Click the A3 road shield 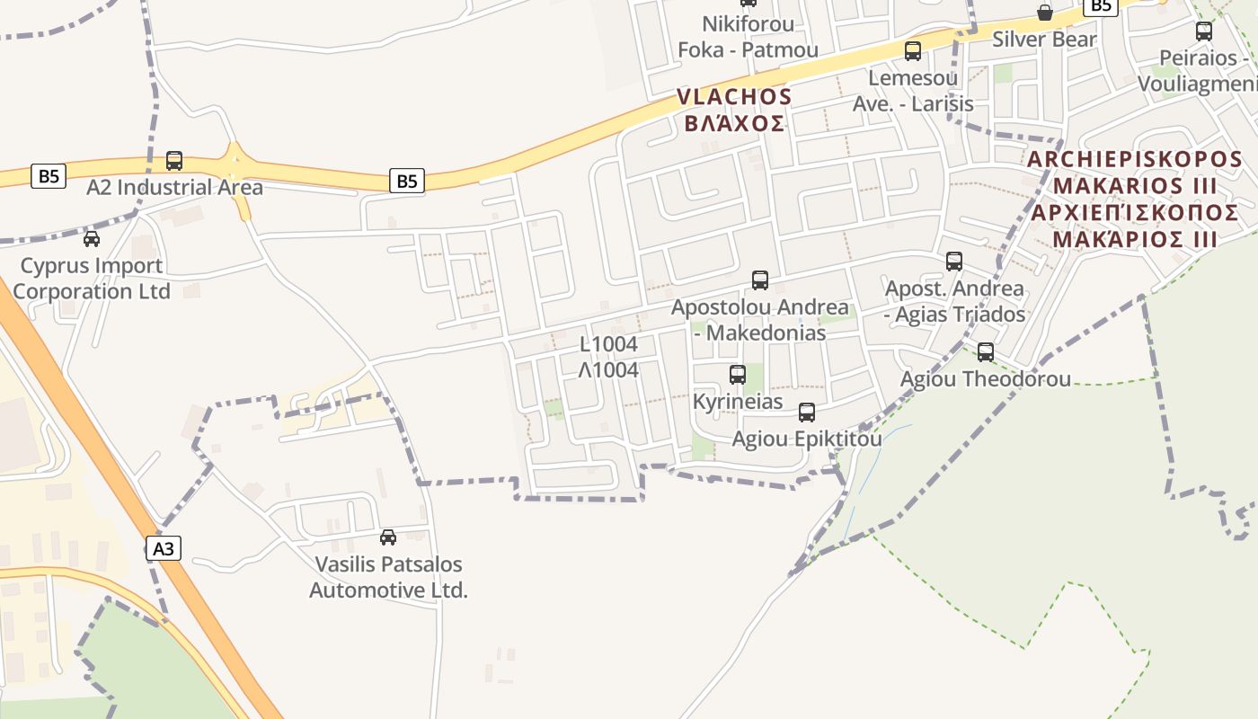pyautogui.click(x=164, y=547)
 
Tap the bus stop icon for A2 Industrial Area pyautogui.click(x=174, y=161)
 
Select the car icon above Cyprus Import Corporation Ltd pyautogui.click(x=92, y=239)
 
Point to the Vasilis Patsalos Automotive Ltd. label pyautogui.click(x=388, y=577)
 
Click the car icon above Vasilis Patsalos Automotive pyautogui.click(x=388, y=537)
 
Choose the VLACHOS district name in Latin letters pyautogui.click(x=734, y=97)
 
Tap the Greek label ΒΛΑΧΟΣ pyautogui.click(x=734, y=123)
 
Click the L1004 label pyautogui.click(x=608, y=344)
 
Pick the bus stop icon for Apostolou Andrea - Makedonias pyautogui.click(x=760, y=280)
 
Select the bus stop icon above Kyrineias pyautogui.click(x=738, y=375)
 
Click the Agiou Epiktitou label pyautogui.click(x=807, y=439)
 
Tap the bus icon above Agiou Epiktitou pyautogui.click(x=807, y=413)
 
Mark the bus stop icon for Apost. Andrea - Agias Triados pyautogui.click(x=954, y=262)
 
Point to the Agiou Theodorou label pyautogui.click(x=986, y=379)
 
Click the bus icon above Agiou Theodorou pyautogui.click(x=986, y=352)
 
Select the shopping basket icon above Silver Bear pyautogui.click(x=1045, y=13)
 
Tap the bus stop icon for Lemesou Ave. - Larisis pyautogui.click(x=913, y=51)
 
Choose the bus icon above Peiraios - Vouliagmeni pyautogui.click(x=1204, y=31)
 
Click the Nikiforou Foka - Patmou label pyautogui.click(x=748, y=37)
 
